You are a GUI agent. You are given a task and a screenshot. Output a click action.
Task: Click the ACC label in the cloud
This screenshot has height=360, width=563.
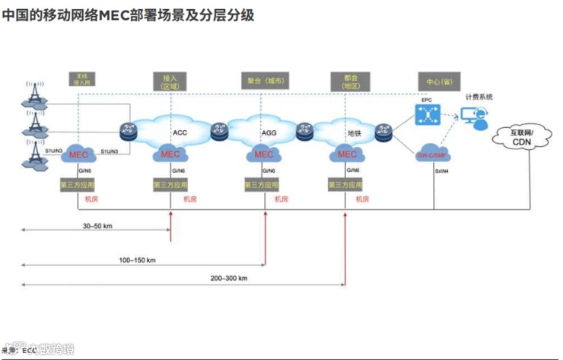pyautogui.click(x=180, y=132)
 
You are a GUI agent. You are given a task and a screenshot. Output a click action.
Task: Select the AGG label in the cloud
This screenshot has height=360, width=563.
pyautogui.click(x=269, y=132)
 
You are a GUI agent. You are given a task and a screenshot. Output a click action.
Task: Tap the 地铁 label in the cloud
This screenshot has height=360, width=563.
pyautogui.click(x=355, y=132)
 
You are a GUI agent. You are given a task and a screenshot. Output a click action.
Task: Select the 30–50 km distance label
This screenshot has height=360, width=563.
pyautogui.click(x=98, y=226)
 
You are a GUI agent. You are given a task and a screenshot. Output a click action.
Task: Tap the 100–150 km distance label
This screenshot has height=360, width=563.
pyautogui.click(x=137, y=260)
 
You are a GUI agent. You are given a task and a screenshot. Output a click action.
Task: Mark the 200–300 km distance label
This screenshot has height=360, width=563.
pyautogui.click(x=229, y=279)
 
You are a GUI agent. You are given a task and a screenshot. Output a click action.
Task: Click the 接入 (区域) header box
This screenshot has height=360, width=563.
pyautogui.click(x=169, y=81)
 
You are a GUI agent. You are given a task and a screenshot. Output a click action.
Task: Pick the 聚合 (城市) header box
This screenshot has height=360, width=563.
pyautogui.click(x=266, y=80)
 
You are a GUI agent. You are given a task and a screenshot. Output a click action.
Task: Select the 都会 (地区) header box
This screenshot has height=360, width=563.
pyautogui.click(x=351, y=81)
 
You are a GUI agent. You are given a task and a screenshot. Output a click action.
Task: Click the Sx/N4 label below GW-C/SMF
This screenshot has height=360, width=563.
pyautogui.click(x=442, y=171)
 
